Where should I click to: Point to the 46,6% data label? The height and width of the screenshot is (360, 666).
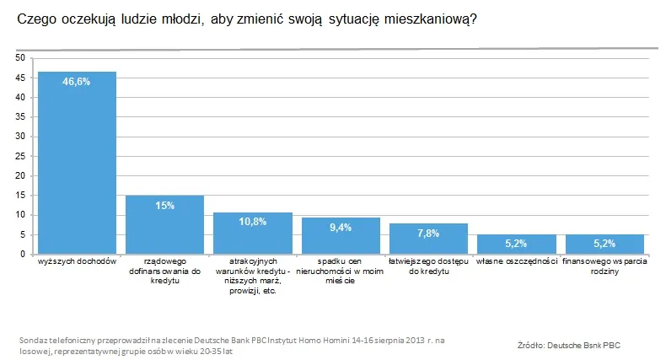[x=77, y=82]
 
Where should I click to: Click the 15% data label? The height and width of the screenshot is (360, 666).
[x=164, y=206]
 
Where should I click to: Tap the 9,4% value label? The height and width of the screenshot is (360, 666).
[x=341, y=228]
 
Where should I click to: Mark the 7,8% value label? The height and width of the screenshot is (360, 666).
[x=428, y=234]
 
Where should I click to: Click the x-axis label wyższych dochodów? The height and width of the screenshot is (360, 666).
[x=77, y=263]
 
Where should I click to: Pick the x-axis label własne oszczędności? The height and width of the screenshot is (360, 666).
[x=516, y=263]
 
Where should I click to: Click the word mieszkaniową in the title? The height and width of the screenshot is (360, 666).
[x=430, y=19]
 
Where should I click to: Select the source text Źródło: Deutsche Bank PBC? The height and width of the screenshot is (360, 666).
[x=571, y=346]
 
